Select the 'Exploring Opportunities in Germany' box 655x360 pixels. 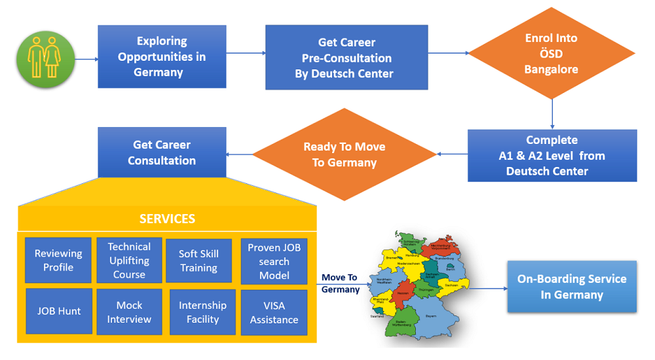[162, 56]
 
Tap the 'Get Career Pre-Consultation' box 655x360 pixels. [346, 58]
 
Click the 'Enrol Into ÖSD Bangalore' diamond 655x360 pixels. [552, 54]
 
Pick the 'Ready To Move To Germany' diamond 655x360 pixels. [344, 154]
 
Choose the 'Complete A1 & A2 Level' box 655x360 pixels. [552, 156]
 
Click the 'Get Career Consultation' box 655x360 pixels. [162, 153]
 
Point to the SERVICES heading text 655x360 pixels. [167, 219]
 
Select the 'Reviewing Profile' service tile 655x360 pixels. [58, 261]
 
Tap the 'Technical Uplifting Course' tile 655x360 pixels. [129, 261]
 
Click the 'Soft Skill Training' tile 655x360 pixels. [198, 261]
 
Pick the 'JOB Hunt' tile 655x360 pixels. [58, 312]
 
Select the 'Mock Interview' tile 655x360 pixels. [129, 312]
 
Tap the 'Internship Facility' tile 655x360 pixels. [202, 312]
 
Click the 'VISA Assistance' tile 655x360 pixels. [274, 312]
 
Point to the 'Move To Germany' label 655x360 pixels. [341, 283]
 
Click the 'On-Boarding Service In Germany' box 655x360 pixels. [572, 287]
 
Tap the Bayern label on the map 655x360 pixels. [430, 315]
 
